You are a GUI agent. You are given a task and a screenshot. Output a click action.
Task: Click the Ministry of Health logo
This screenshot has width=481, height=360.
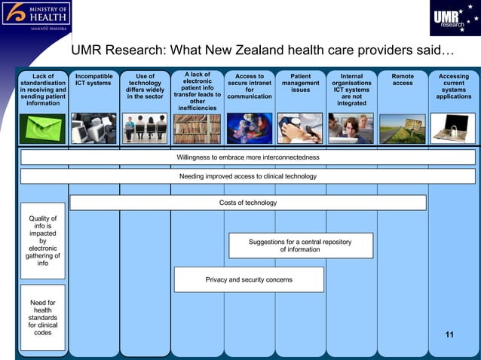click(x=38, y=15)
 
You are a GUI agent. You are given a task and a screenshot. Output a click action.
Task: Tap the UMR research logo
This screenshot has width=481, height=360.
click(x=452, y=20)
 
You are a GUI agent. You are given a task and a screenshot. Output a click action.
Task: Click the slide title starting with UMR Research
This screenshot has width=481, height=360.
click(x=263, y=51)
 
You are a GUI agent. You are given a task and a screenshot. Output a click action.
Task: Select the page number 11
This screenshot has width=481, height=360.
click(x=450, y=334)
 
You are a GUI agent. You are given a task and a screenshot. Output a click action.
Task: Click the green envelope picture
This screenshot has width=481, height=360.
click(x=42, y=128)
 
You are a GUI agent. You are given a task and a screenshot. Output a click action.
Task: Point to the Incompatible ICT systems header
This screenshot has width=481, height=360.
click(x=94, y=80)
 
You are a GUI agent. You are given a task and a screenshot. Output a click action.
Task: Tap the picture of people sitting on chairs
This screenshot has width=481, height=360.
click(x=145, y=128)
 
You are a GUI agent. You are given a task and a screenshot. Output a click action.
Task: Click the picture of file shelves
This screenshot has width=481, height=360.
click(x=197, y=129)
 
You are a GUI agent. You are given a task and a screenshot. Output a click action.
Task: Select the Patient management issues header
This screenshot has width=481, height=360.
click(x=300, y=84)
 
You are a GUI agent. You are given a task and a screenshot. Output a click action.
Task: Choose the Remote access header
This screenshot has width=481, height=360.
click(x=403, y=80)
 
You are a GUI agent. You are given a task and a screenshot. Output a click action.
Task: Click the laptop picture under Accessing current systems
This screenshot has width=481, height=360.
click(x=453, y=128)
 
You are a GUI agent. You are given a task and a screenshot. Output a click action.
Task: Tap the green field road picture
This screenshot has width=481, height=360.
click(x=403, y=129)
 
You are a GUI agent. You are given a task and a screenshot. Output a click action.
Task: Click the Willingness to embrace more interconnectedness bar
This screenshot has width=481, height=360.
click(x=248, y=157)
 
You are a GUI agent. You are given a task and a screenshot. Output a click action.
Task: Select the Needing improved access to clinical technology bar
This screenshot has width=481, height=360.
click(x=248, y=176)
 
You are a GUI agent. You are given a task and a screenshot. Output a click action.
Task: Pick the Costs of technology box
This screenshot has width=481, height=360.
click(x=248, y=203)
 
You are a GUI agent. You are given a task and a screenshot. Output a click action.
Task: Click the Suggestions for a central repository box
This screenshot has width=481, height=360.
click(x=300, y=246)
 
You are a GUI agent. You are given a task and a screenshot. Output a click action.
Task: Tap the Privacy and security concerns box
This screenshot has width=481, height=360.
click(x=249, y=279)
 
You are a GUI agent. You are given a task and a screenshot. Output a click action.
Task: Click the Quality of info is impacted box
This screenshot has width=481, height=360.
click(x=43, y=241)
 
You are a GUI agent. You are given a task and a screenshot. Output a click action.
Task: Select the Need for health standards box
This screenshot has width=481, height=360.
click(x=43, y=317)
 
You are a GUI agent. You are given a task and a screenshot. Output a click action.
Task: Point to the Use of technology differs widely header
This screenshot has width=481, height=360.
click(x=145, y=86)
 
